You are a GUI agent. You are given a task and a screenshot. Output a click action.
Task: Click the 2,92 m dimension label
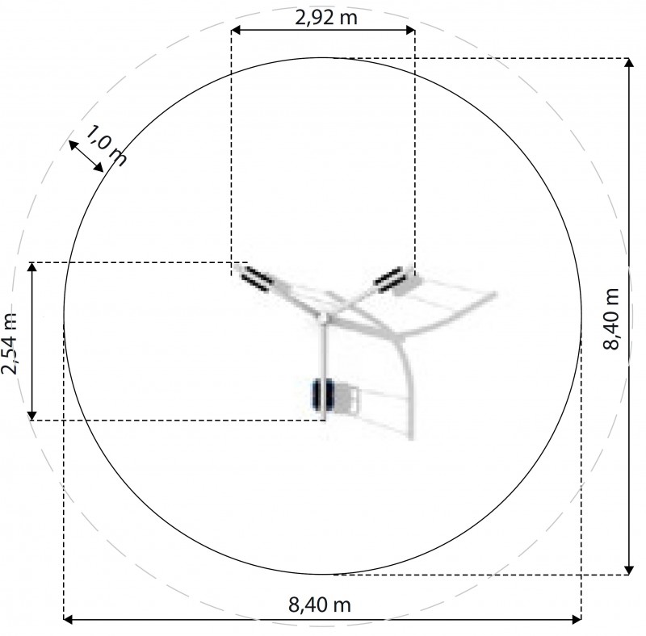[x=326, y=18]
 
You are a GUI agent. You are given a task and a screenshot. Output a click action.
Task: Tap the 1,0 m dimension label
[x=106, y=145]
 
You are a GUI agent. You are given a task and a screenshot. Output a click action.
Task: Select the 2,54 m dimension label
[x=10, y=344]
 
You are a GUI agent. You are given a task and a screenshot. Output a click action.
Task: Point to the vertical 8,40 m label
[x=611, y=319]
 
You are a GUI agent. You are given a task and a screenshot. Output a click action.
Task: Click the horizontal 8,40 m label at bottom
[x=320, y=605]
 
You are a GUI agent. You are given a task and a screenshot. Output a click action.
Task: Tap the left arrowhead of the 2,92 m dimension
[x=236, y=30]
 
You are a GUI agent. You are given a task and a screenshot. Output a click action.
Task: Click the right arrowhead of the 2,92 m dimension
[x=410, y=30]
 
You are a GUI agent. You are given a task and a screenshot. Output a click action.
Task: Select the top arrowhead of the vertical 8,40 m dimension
[x=629, y=63]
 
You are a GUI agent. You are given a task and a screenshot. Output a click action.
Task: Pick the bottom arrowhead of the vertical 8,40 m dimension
[x=629, y=569]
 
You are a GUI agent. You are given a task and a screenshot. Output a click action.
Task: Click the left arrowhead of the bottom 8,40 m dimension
[x=69, y=619]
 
